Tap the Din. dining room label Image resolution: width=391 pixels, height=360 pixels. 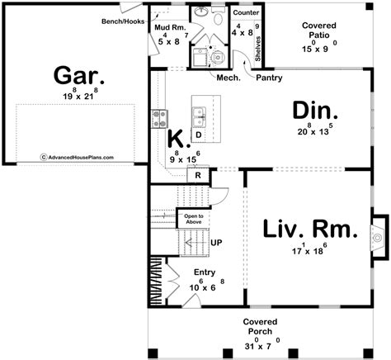coord(314,111)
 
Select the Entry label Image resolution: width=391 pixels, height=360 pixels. coord(204,272)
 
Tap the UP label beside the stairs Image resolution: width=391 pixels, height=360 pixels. coord(218,243)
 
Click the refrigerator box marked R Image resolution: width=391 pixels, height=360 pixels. coord(199,174)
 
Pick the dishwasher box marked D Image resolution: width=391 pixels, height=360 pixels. coord(199,135)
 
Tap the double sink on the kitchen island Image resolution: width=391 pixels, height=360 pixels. coord(198,112)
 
